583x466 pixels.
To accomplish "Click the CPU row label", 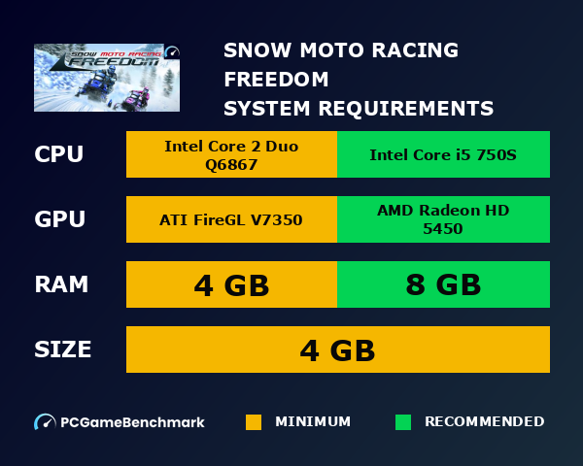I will click(58, 155).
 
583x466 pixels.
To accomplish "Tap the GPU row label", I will click(58, 219).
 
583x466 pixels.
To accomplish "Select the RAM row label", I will click(61, 284).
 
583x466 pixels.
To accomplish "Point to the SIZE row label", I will click(63, 349).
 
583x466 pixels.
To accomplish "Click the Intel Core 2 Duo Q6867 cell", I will click(231, 155).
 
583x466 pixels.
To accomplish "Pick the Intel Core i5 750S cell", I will click(443, 155).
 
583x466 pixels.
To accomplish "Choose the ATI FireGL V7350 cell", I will click(231, 219).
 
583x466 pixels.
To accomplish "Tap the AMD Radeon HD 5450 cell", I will click(443, 219).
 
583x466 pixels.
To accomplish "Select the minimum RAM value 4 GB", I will click(231, 285).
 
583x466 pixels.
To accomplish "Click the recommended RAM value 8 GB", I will click(443, 285).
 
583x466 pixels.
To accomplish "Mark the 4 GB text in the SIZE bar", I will click(337, 349).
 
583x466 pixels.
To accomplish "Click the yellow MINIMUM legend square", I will click(254, 422).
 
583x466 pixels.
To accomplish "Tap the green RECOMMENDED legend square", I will click(403, 422).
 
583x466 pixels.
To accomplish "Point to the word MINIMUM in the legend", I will click(313, 422).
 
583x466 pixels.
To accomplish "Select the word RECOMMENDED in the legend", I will click(484, 422).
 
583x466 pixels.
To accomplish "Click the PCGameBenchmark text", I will click(132, 422).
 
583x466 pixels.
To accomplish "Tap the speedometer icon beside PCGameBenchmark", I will click(45, 422).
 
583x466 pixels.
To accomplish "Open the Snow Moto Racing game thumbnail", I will click(107, 78).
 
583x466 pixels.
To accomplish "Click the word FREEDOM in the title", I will click(276, 79).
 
